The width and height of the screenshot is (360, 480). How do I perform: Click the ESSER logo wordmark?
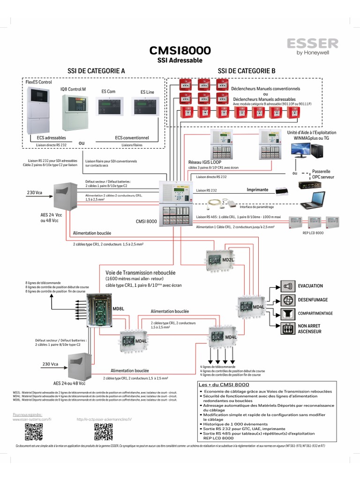312,44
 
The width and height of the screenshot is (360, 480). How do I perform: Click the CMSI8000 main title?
180,51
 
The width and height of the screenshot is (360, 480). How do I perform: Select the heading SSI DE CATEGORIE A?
96,70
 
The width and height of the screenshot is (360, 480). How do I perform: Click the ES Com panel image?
110,107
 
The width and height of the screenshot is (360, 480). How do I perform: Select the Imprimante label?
257,190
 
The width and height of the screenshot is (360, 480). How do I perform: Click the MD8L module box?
103,310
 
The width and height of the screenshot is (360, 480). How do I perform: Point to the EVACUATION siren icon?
288,286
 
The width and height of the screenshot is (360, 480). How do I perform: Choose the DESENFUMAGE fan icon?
288,300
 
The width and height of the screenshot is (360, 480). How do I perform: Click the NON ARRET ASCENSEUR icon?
288,328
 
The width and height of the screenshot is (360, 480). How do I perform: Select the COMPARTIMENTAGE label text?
315,313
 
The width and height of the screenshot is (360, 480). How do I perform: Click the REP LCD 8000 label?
313,232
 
